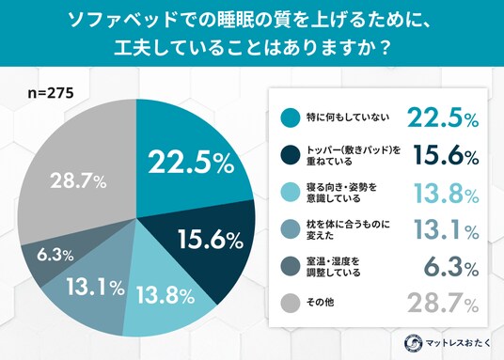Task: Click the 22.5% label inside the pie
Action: click(191, 163)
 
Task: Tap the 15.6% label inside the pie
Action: click(211, 239)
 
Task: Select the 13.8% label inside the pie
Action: click(165, 295)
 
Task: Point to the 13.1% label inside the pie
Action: click(96, 287)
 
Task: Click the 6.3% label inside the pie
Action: click(55, 256)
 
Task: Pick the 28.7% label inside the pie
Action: click(78, 181)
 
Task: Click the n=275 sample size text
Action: click(51, 93)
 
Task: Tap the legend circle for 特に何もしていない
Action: click(291, 118)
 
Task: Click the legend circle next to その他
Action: click(291, 303)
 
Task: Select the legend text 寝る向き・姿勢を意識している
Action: click(341, 193)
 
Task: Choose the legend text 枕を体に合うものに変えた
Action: click(348, 229)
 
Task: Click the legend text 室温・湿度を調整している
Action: click(333, 267)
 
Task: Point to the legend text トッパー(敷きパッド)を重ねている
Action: click(354, 155)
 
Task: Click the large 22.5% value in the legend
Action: click(443, 117)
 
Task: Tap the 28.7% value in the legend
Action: click(443, 303)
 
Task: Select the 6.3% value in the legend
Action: click(451, 266)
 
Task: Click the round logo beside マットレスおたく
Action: click(414, 343)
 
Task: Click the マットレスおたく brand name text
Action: click(458, 343)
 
